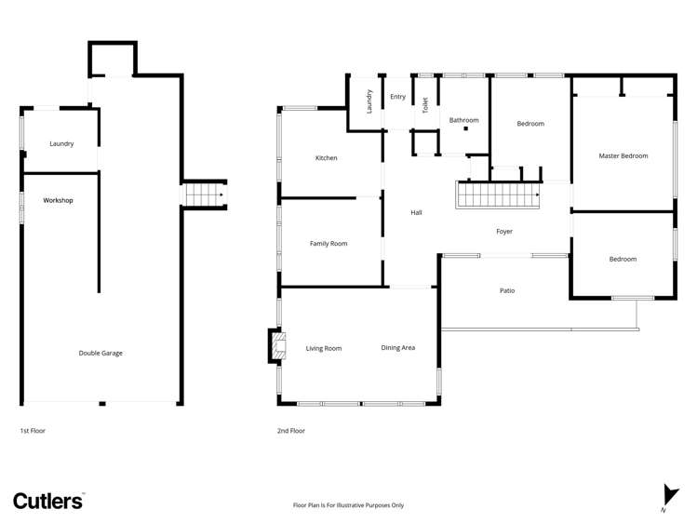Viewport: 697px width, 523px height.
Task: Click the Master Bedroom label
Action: [623, 155]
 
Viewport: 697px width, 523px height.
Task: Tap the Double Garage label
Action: [101, 353]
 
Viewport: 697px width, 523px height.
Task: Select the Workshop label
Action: [58, 200]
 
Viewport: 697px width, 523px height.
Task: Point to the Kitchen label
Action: [326, 158]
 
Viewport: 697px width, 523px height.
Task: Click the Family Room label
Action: [328, 244]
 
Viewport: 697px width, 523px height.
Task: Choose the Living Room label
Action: [324, 348]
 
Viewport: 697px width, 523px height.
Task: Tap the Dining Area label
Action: [397, 347]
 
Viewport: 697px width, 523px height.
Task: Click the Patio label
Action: [507, 291]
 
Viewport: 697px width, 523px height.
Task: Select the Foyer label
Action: [503, 232]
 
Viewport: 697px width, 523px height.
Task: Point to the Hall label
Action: [417, 213]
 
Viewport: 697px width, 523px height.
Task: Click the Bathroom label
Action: [463, 120]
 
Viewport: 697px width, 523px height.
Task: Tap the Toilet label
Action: [425, 106]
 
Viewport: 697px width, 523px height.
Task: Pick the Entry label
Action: [397, 97]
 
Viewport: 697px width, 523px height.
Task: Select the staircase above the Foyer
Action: [498, 195]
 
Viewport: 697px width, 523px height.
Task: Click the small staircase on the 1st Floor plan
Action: [203, 194]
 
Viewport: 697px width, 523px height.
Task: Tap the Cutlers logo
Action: [48, 500]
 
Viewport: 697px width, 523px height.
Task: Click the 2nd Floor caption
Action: [290, 431]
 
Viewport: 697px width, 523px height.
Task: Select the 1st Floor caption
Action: [33, 431]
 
